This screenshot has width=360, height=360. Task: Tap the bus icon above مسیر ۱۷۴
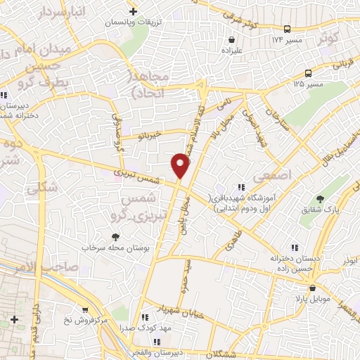[288, 29]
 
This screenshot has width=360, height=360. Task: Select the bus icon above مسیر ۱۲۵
[309, 73]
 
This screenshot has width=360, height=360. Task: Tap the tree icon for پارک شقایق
[320, 199]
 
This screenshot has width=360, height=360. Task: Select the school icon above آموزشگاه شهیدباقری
[242, 187]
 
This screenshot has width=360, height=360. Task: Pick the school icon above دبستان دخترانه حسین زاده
[294, 246]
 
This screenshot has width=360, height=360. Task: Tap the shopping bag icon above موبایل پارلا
[311, 288]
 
